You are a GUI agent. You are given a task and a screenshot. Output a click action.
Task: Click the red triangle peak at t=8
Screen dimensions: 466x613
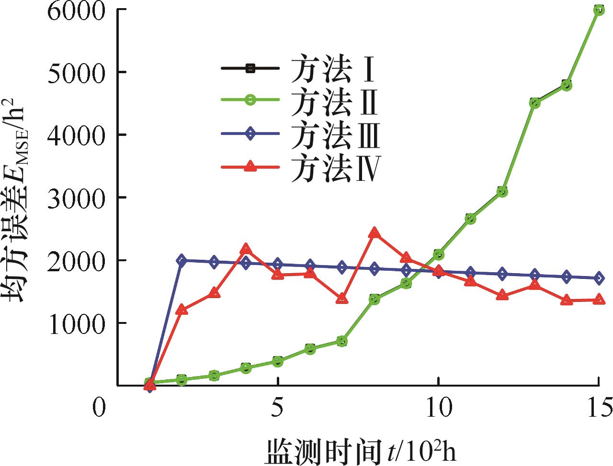pos(374,233)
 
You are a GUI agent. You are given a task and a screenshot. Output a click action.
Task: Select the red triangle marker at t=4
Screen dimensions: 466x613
pos(246,249)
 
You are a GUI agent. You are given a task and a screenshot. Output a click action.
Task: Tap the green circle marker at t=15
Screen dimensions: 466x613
pos(599,10)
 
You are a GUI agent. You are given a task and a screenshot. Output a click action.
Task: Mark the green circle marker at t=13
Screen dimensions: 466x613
pos(534,103)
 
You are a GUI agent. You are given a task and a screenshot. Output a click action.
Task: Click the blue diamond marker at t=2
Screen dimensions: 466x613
pos(182,260)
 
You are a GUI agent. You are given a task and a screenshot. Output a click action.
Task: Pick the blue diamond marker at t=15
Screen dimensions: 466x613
pos(599,278)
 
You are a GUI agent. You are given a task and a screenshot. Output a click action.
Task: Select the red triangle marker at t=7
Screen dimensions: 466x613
pos(342,299)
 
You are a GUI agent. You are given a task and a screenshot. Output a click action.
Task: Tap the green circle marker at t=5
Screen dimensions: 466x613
pos(278,361)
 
